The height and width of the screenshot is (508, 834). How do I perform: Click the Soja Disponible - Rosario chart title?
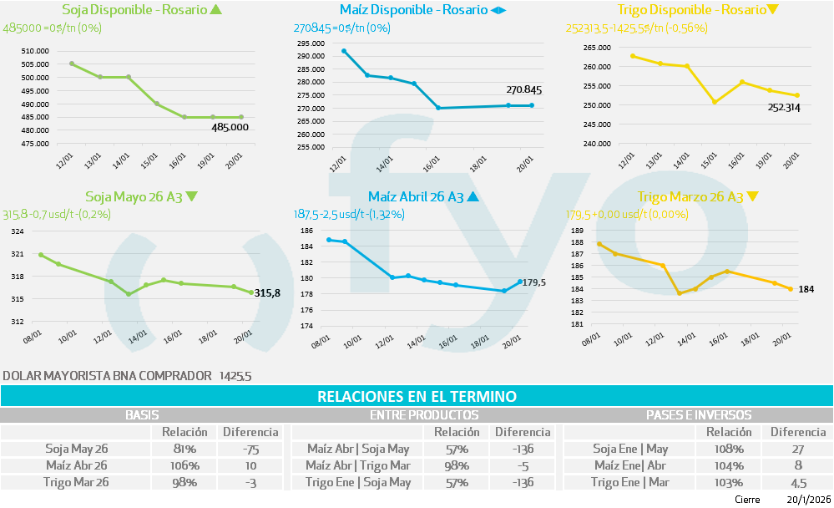tap(134, 10)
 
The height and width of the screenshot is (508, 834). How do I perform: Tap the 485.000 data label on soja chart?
tap(230, 127)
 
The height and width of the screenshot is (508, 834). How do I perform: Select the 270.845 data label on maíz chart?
tap(523, 90)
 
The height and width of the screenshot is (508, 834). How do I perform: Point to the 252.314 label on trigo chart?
tap(784, 108)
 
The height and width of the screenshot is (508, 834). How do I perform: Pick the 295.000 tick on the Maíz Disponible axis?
tap(310, 43)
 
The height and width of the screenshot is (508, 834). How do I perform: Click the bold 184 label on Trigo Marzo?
tap(806, 289)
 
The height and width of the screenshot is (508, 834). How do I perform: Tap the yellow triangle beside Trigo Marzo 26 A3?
tap(752, 197)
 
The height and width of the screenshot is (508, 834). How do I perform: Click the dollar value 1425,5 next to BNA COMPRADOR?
tap(235, 376)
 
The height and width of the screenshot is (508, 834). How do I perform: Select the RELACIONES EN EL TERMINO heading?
tap(417, 396)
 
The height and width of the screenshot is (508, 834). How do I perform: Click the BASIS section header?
tap(142, 414)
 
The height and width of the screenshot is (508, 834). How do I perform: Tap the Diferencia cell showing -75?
tap(250, 449)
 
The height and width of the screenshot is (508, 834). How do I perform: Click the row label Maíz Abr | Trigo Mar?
tap(357, 465)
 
